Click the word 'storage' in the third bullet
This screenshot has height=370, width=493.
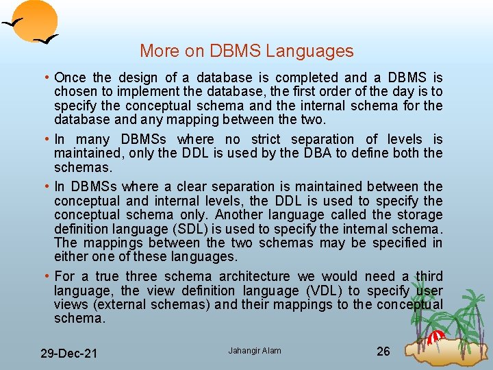coord(421,214)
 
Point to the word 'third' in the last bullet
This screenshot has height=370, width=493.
coord(429,276)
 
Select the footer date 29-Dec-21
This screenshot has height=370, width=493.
coord(68,354)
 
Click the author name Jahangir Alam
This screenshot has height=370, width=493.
coord(255,351)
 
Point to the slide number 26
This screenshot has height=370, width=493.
coord(383,351)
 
